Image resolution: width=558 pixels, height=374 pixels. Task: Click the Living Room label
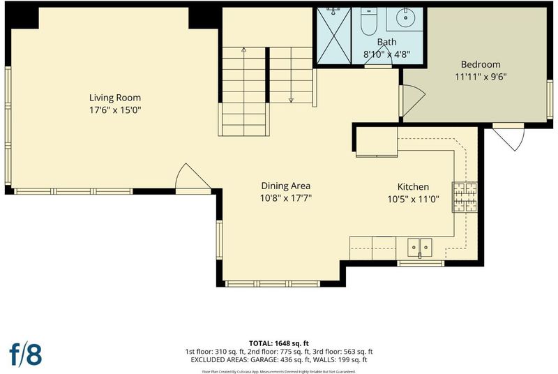(x=115, y=98)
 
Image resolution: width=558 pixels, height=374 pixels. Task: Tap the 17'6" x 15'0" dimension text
(x=115, y=110)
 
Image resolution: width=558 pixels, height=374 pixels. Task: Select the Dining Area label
(x=286, y=186)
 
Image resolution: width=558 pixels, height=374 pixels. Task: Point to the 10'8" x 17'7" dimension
(x=286, y=198)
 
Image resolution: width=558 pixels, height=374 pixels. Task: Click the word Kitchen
(x=413, y=187)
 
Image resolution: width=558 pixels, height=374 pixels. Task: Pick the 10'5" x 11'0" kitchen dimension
(x=413, y=199)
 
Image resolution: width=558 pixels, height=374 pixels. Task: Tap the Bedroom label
(x=481, y=64)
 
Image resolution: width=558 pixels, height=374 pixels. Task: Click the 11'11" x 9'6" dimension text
(x=481, y=77)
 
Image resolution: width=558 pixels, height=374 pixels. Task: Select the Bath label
(x=387, y=42)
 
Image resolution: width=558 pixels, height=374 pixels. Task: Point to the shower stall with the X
(x=334, y=36)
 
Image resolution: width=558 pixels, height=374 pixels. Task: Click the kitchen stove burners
(x=465, y=197)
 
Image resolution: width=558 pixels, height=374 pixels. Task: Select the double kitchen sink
(x=420, y=247)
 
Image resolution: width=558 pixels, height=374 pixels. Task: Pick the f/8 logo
(x=26, y=354)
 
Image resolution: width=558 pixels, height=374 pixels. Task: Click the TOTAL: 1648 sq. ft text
(x=279, y=343)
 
